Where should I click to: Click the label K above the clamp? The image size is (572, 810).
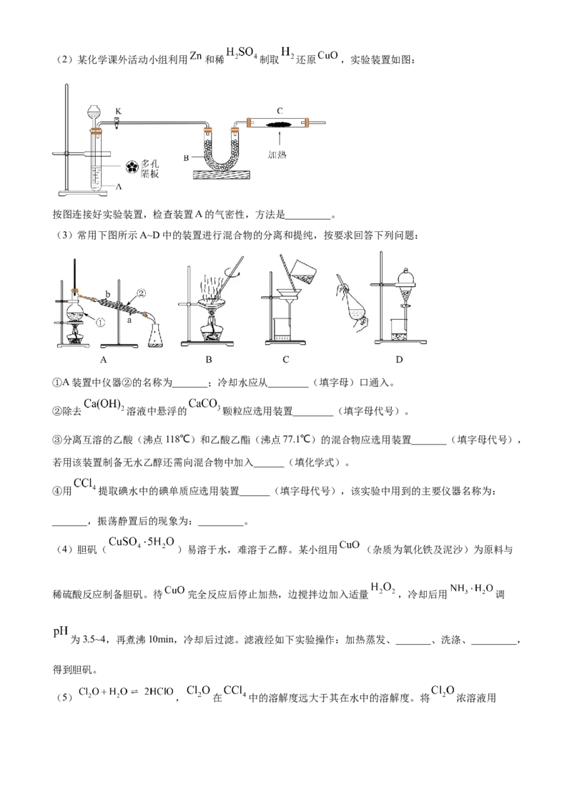point(118,112)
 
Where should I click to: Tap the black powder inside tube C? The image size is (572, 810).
point(280,123)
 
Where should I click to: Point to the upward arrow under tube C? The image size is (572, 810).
point(280,138)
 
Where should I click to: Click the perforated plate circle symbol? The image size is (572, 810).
point(133,166)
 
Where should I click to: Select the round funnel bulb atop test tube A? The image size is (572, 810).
point(94,112)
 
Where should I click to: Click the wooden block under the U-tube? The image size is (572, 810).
point(221,175)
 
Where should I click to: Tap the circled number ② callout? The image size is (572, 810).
point(141,293)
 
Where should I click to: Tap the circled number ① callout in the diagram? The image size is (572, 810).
point(100,322)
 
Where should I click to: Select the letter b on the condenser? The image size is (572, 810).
point(108,295)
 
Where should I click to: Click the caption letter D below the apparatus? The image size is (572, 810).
point(399,359)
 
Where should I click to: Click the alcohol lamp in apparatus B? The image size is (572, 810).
point(209,330)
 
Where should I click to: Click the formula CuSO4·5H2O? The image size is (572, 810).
point(142,542)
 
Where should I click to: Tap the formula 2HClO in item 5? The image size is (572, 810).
point(159,692)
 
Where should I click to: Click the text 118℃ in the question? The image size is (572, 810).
point(180,439)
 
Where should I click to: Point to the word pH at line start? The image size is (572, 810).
point(60,632)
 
